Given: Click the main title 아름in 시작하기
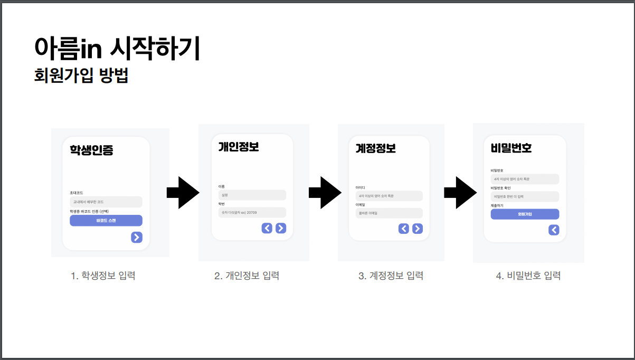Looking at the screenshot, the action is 117,48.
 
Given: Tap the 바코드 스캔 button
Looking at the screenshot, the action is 106,221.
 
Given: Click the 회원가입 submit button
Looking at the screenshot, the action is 525,214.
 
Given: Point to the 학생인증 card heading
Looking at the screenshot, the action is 91,150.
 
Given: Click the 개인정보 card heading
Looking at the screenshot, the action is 239,147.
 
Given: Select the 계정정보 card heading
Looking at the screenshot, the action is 375,148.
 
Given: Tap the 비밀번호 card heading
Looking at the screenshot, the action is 511,148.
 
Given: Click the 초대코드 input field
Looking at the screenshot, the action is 106,202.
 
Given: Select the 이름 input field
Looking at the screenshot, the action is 252,195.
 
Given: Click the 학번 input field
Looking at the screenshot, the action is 252,213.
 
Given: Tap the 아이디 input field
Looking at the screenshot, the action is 389,196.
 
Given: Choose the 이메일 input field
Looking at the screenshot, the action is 389,213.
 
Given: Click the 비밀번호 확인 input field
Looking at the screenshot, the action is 525,196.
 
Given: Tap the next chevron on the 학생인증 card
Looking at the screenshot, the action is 137,238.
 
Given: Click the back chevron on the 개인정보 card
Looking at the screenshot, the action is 267,228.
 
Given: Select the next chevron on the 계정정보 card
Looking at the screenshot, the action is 418,229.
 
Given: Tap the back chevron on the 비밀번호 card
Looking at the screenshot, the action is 554,230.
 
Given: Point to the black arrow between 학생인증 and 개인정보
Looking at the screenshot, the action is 183,193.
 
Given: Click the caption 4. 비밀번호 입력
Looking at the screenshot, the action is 528,276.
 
